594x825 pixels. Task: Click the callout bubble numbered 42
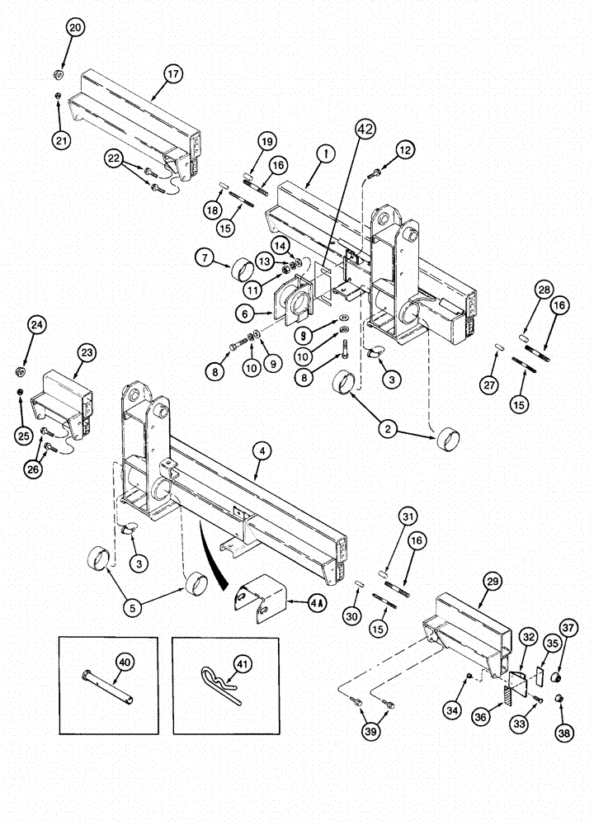[365, 128]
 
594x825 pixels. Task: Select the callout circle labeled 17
[172, 74]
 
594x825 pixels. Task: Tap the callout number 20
[75, 27]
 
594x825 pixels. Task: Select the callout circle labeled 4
[261, 451]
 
